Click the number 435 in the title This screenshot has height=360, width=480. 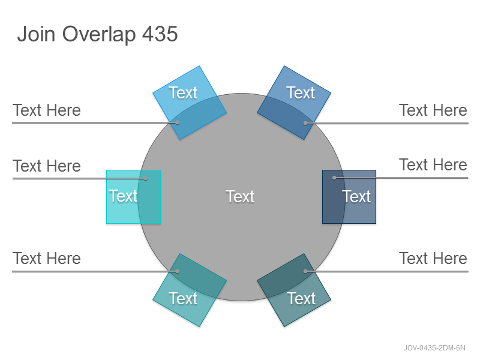tap(160, 34)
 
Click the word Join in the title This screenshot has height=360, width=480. tap(36, 34)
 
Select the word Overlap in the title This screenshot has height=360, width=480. tap(99, 34)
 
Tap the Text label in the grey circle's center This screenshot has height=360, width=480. tap(240, 197)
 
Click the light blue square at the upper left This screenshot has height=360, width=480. tap(190, 103)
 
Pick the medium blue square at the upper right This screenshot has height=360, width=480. tap(294, 103)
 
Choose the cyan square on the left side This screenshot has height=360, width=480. tap(133, 197)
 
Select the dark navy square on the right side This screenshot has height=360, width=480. tap(349, 197)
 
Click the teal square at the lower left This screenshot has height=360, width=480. tap(190, 290)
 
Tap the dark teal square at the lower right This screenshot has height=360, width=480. tap(294, 290)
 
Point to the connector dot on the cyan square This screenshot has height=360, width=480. tap(146, 178)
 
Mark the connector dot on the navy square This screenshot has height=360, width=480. tap(334, 178)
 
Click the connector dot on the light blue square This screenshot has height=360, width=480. tap(177, 123)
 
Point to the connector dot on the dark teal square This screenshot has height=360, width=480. tap(305, 271)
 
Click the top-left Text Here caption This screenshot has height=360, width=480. tap(47, 110)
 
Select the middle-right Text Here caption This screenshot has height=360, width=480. tap(433, 164)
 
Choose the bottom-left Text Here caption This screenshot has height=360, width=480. tap(47, 259)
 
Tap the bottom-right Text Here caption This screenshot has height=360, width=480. tap(433, 259)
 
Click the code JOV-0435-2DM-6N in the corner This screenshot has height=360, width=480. tap(434, 348)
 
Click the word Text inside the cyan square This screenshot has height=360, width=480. tap(123, 196)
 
